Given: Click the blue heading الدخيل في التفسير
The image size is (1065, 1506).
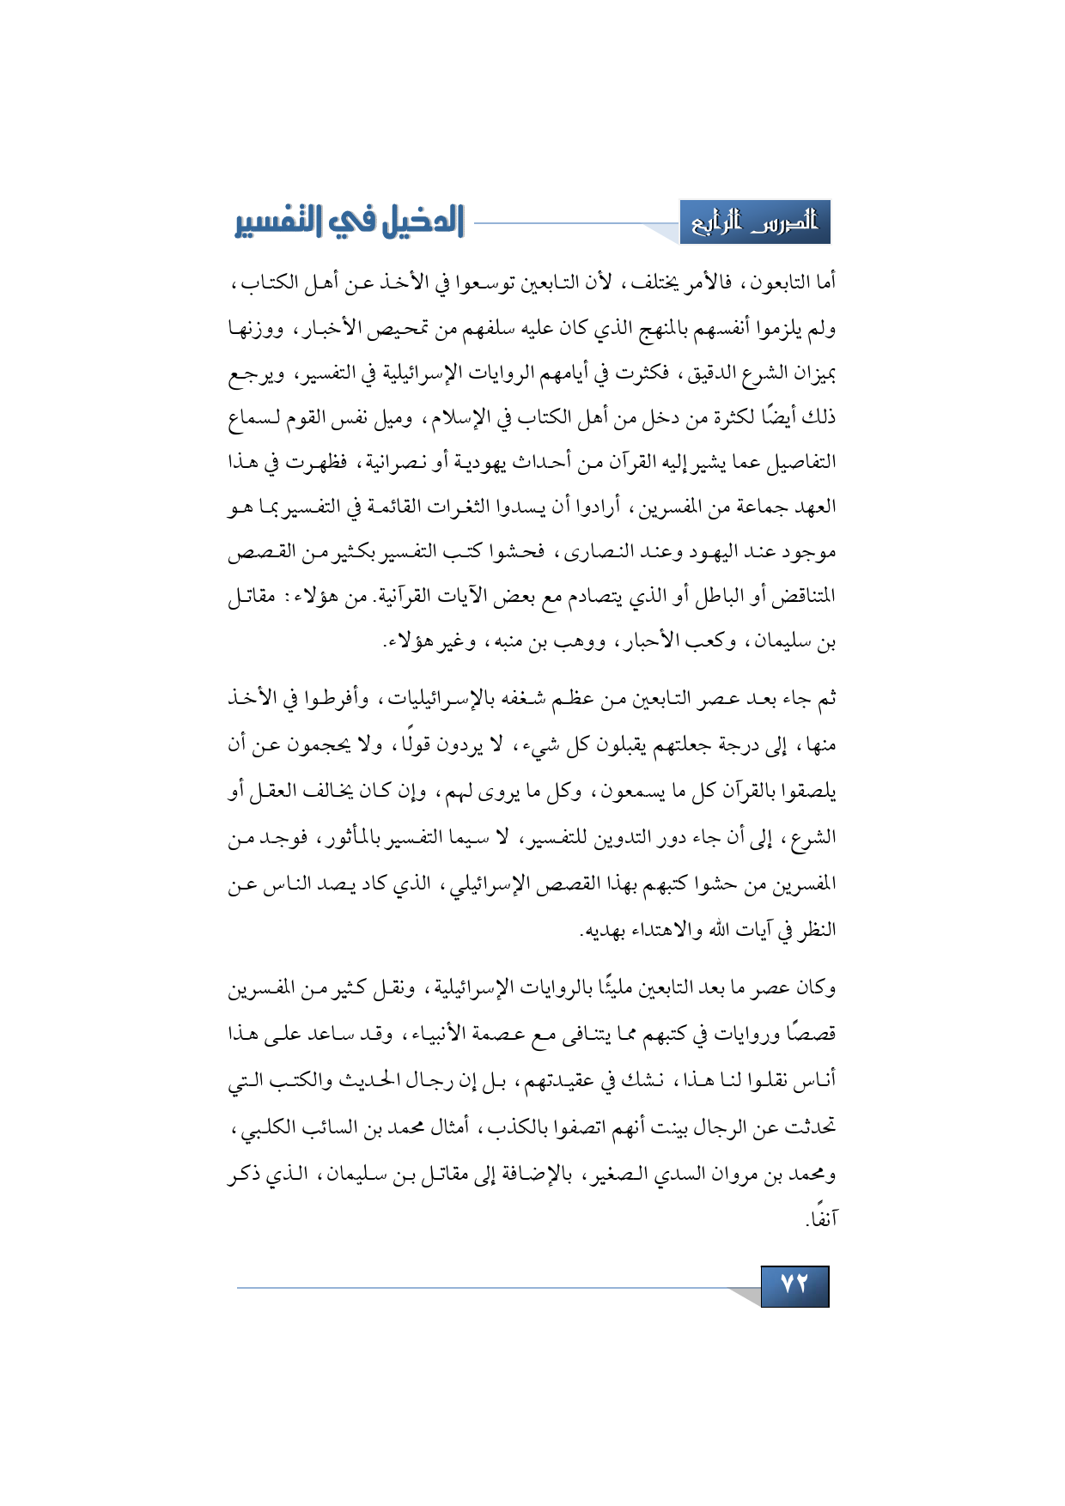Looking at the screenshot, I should pyautogui.click(x=350, y=222).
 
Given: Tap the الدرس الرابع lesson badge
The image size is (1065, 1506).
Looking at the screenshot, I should pyautogui.click(x=755, y=223).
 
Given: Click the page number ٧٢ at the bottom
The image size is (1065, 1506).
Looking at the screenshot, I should pyautogui.click(x=794, y=1285).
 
